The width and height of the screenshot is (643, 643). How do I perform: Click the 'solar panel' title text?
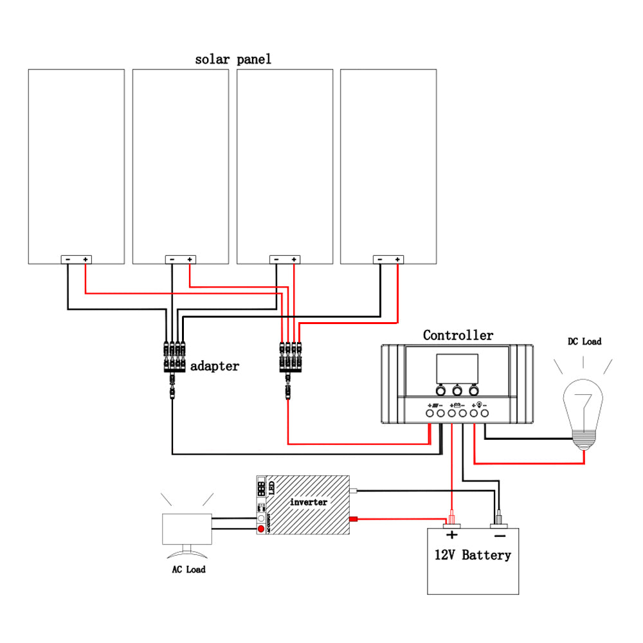pos(233,60)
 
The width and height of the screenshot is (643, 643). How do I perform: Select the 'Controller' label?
pos(458,336)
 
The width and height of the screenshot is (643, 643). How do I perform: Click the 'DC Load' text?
pos(584,341)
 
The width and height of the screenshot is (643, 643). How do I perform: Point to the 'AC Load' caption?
pos(188,570)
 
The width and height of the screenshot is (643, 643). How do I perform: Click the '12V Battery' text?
pos(473,555)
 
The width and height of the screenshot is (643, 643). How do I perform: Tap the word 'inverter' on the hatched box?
pos(309,502)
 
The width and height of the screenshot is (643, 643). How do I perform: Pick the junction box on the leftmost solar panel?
pos(77,260)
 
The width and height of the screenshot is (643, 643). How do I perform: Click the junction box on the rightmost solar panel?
pos(389,260)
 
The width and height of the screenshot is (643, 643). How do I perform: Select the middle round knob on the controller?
pos(457,390)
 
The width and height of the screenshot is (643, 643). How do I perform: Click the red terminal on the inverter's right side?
pos(353,519)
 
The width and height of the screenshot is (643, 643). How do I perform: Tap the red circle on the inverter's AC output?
pos(260,529)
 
